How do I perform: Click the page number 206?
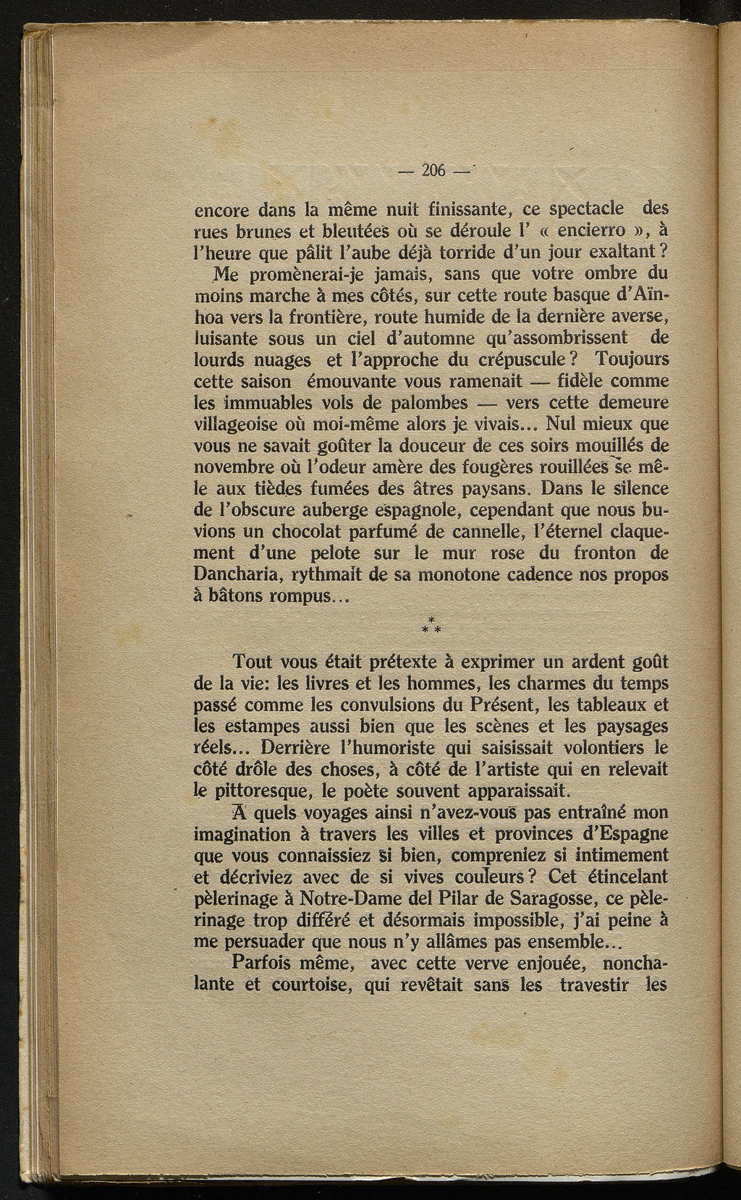(433, 171)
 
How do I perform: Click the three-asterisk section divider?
(432, 626)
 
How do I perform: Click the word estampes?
(260, 725)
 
